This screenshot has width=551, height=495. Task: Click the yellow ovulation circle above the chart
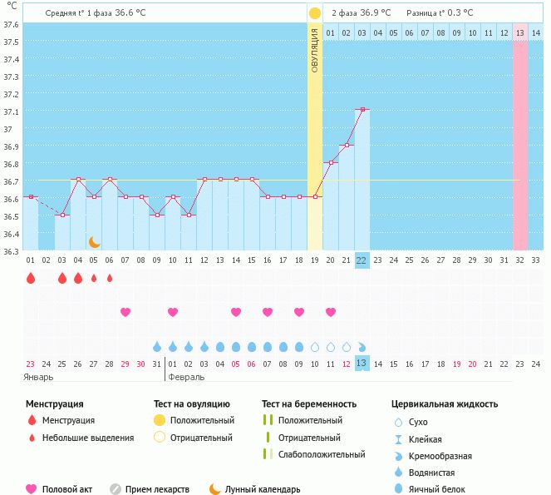[314, 13]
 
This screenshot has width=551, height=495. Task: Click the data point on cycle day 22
[362, 109]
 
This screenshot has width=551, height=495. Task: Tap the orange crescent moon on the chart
[95, 242]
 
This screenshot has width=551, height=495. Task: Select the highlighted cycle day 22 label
[362, 260]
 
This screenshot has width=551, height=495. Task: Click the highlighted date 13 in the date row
[362, 363]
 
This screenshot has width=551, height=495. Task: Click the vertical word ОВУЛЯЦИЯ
[315, 49]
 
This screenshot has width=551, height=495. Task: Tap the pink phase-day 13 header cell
[519, 32]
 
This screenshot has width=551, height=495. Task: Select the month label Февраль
[186, 377]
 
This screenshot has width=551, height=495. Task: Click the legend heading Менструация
[54, 404]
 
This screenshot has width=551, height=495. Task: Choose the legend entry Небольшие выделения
[87, 437]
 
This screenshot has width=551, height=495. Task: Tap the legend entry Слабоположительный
[322, 454]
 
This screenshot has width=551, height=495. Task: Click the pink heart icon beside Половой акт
[32, 489]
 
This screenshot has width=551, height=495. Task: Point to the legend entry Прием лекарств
[157, 489]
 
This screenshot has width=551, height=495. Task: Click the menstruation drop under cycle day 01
[31, 278]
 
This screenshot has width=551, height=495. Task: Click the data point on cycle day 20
[330, 162]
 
